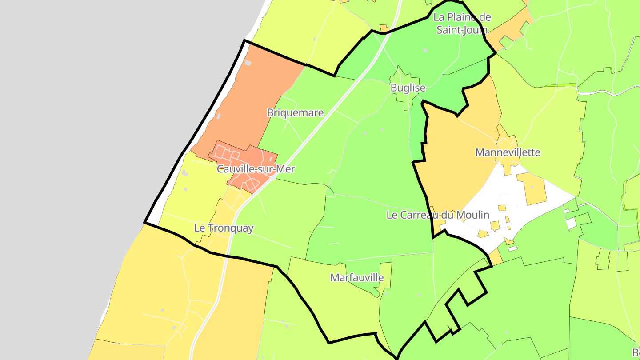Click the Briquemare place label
pos(295,113)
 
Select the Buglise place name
pos(408,88)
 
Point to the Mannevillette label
pos(508,152)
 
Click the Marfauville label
pos(357,278)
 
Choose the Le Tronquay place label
pos(224,228)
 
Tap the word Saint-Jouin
pos(462,30)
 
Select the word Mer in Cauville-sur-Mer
pos(285,169)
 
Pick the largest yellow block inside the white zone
pos(532,188)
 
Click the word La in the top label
pos(439,17)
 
